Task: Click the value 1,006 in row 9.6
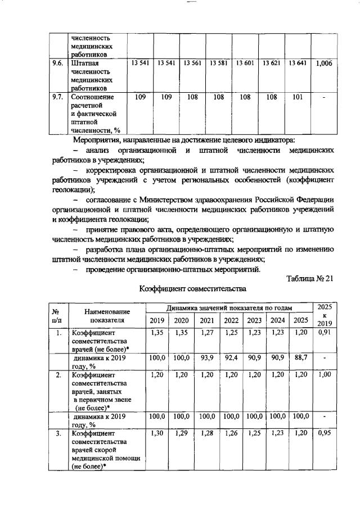point(324,64)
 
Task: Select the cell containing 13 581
point(218,64)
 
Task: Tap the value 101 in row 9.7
point(298,97)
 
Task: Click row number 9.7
point(56,97)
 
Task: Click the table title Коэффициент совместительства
point(193,289)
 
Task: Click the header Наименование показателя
point(107,315)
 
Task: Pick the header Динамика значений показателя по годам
point(229,307)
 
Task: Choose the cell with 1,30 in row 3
point(157,434)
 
